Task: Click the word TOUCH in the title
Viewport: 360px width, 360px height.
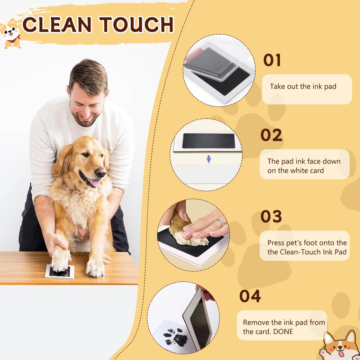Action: [136, 25]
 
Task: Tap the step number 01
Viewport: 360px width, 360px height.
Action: [272, 60]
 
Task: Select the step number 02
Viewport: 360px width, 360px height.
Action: [271, 135]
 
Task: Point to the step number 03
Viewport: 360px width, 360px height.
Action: [271, 216]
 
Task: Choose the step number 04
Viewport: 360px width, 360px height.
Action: [250, 296]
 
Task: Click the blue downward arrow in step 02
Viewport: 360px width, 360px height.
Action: [209, 159]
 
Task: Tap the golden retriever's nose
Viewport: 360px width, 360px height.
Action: [101, 172]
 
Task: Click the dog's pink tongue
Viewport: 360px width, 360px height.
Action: [95, 183]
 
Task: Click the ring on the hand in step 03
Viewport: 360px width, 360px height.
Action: [221, 222]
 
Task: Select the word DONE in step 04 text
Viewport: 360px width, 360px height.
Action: [283, 332]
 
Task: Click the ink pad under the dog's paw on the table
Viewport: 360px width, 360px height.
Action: [60, 272]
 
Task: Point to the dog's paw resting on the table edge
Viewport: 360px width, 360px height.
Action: [95, 268]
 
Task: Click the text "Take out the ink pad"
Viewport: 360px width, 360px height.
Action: [303, 87]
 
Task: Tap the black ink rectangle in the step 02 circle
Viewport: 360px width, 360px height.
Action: [208, 141]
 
